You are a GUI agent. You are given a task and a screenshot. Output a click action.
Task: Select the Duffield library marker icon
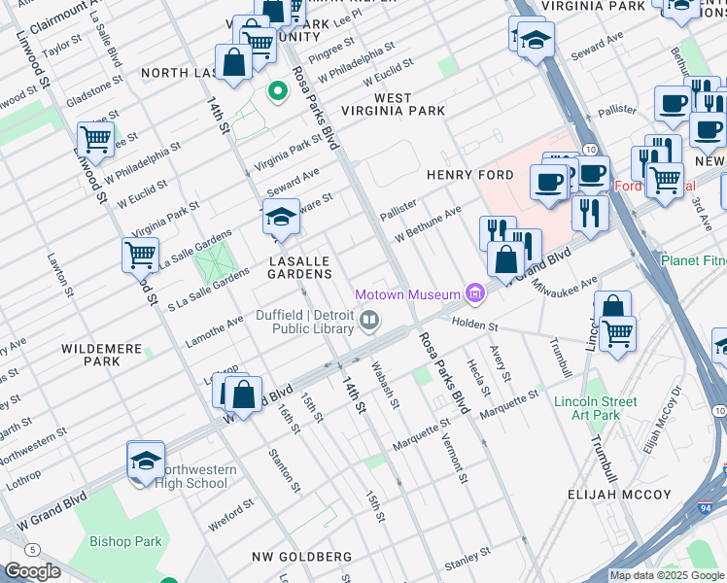click(369, 320)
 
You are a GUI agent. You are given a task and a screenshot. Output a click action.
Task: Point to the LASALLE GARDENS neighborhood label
click(301, 268)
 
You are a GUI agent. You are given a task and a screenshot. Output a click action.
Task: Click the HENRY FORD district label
click(469, 175)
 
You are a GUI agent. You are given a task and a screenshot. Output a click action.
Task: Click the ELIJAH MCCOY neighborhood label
click(620, 495)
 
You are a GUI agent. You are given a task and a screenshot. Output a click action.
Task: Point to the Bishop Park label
click(125, 541)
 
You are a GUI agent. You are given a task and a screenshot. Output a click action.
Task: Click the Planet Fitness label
click(693, 260)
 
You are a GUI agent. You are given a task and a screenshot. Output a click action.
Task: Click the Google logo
click(32, 571)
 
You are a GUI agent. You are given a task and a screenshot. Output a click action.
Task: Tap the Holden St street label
click(473, 327)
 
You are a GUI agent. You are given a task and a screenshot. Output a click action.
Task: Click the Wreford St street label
click(231, 516)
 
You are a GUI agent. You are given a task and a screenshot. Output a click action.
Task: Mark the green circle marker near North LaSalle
click(278, 93)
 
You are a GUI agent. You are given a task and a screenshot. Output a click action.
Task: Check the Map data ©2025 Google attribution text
click(667, 575)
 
